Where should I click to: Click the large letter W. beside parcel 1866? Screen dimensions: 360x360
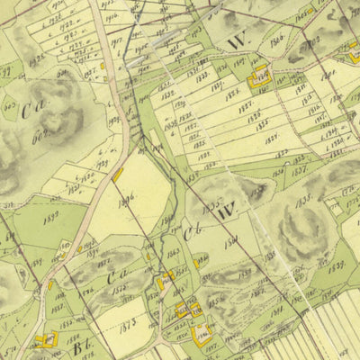coord(238,41)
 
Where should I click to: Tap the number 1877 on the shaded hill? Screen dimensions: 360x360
coord(118,286)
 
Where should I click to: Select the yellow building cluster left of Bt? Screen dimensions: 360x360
coord(45,339)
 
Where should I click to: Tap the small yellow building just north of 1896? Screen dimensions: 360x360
coord(118,174)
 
